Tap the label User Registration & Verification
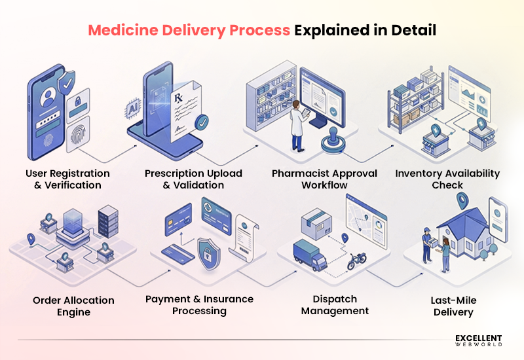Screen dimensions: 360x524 [x=67, y=179]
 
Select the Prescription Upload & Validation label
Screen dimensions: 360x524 [x=193, y=179]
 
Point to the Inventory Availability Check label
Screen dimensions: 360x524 [x=447, y=179]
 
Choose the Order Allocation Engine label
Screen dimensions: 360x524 [x=73, y=306]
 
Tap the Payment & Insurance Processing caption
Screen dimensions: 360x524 [x=199, y=304]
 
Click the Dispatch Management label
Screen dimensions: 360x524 [x=335, y=304]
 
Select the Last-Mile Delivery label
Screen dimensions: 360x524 [x=453, y=306]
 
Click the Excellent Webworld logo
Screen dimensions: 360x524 [x=478, y=340]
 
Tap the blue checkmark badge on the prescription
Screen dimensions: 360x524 [x=203, y=122]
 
